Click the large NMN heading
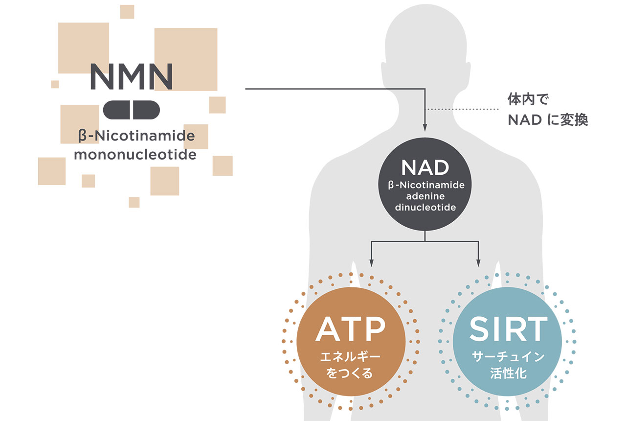(132, 76)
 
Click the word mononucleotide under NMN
(135, 155)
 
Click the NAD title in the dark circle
(425, 168)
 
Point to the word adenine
(425, 196)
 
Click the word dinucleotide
(425, 207)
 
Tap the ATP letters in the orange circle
(350, 329)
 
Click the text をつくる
(350, 374)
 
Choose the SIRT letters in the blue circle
(508, 329)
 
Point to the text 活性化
(508, 374)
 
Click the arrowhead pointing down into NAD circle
(425, 128)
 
